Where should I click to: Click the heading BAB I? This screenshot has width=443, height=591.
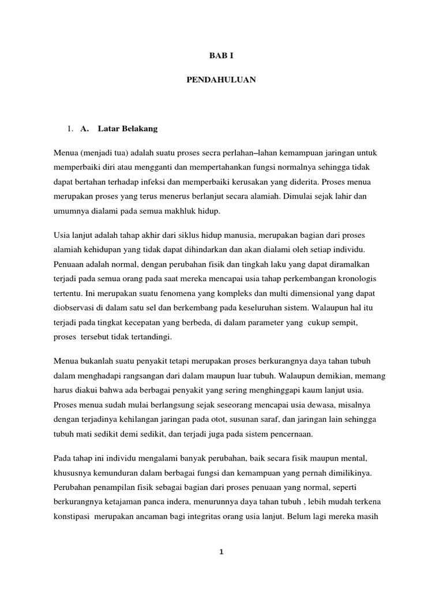221,56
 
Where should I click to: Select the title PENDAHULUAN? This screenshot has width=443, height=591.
221,81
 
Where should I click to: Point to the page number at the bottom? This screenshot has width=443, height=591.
221,552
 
